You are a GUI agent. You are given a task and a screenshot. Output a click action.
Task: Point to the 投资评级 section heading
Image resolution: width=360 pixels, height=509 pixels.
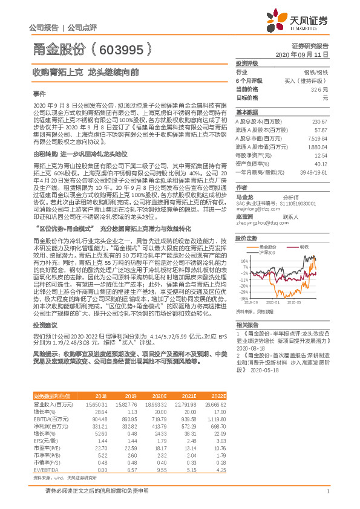tap(247, 63)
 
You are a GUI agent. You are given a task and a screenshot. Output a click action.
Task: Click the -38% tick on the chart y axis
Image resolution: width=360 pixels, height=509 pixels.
tap(243, 298)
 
